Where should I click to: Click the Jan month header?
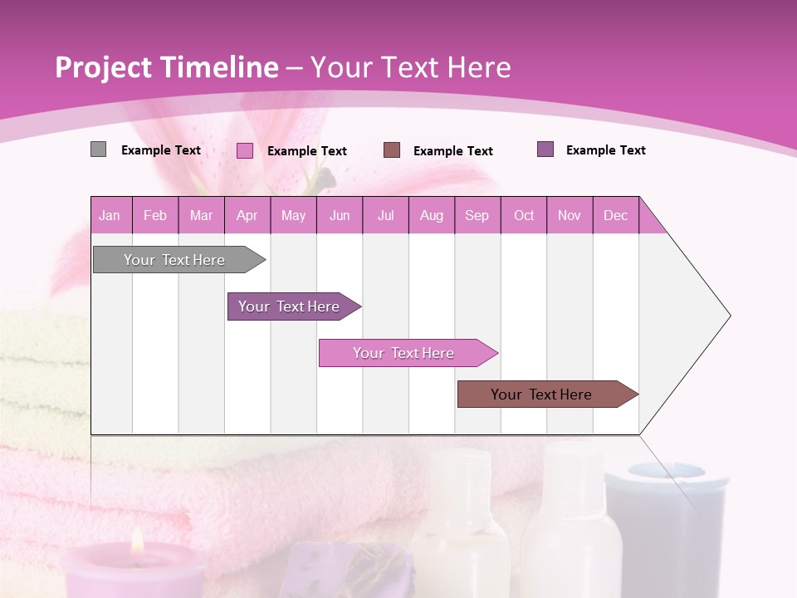110,215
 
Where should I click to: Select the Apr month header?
247,215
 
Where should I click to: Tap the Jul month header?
385,215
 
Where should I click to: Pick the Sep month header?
477,215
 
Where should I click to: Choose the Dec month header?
615,215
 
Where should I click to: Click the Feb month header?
155,215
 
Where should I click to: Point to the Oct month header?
524,215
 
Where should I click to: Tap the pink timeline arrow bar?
404,353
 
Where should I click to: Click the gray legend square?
98,149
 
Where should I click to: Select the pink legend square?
245,150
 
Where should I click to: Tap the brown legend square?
392,149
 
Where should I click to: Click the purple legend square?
545,149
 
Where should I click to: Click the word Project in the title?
104,67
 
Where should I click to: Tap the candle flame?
138,542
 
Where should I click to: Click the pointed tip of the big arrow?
729,316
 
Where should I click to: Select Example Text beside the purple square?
605,150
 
